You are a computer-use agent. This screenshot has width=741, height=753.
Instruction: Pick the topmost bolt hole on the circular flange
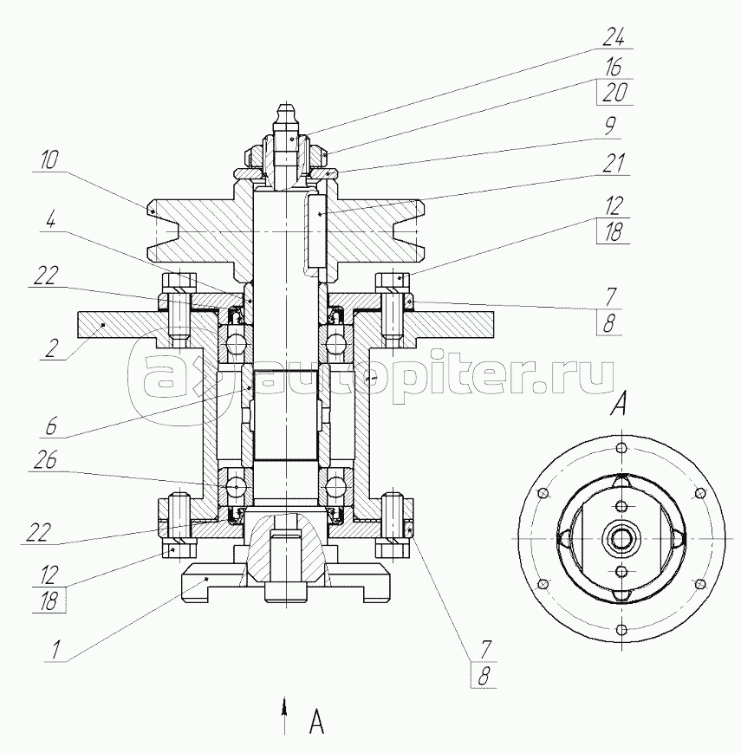621,449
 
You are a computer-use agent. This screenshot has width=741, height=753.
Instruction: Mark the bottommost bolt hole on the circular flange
621,628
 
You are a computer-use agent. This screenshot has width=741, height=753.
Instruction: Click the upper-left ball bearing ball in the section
233,347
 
